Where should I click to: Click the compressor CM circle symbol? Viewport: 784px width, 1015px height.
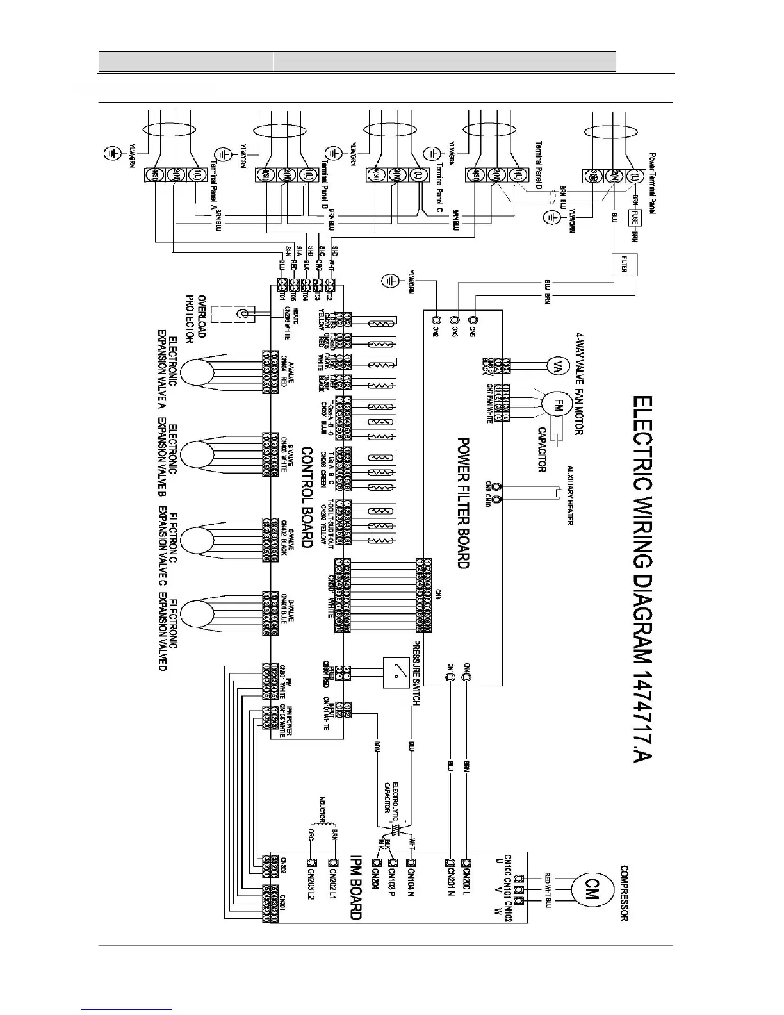591,889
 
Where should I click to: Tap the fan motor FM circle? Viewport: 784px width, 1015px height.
557,405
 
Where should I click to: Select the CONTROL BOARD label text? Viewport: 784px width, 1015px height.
306,497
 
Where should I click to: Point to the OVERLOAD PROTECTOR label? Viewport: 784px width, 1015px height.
195,317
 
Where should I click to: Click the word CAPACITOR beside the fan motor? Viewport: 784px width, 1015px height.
541,450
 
